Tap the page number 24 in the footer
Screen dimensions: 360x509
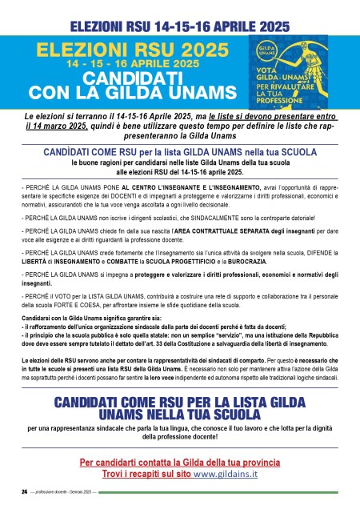pos(24,490)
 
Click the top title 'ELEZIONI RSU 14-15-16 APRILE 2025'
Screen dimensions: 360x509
pos(180,14)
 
